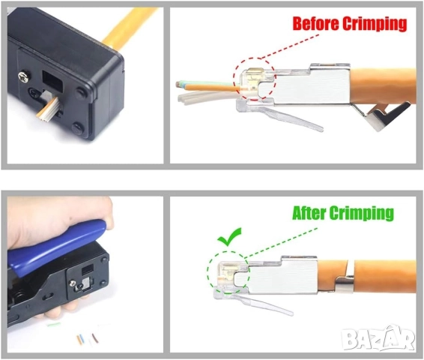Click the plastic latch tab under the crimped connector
tap(255, 302)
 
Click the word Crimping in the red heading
tap(374, 23)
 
